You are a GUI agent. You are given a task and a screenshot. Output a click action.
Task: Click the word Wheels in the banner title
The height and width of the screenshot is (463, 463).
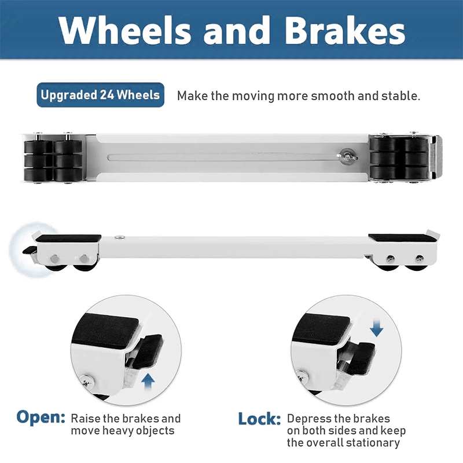point(124,30)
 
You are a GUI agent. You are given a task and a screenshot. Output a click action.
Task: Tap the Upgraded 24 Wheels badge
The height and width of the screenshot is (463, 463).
point(100,95)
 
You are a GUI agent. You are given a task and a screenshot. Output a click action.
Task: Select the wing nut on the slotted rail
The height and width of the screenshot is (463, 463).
point(347,156)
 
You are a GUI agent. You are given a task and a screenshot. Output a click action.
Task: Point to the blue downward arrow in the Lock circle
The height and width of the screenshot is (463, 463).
point(377,328)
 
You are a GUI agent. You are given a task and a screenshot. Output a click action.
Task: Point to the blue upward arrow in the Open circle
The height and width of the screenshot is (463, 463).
point(148,382)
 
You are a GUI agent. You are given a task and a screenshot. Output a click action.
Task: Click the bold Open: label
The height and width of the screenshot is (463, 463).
point(41,417)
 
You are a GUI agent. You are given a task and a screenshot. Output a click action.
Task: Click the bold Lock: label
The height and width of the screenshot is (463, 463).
point(259,418)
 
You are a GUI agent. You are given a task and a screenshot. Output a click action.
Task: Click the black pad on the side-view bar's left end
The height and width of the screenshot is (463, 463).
point(68,238)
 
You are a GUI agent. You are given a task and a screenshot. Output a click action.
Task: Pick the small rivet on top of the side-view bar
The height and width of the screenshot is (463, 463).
point(120,237)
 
